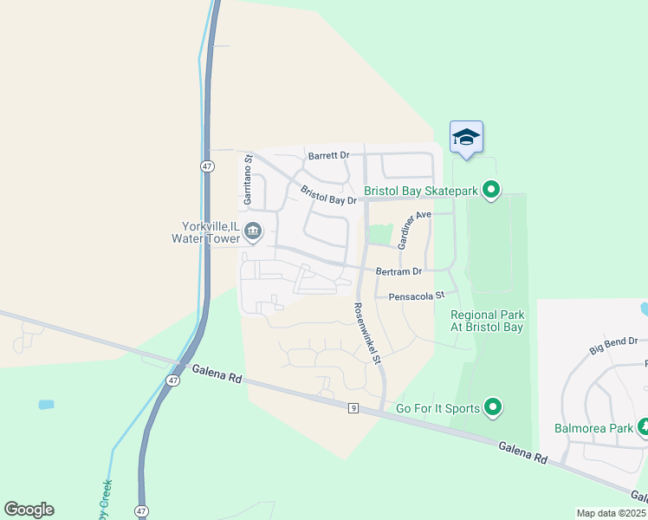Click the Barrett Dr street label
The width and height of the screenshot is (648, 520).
coord(328,156)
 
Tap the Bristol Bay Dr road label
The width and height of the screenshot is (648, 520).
coord(328,195)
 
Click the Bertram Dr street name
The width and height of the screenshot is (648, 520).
coord(399,271)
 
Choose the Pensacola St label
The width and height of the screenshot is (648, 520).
coord(416,296)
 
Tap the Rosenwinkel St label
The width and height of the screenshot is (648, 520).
coord(366,333)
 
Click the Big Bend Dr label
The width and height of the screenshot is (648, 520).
coord(613,345)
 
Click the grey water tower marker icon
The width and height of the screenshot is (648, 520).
coord(254,230)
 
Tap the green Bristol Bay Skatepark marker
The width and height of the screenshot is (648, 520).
coord(492,189)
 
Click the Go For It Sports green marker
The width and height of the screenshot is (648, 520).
coord(493,406)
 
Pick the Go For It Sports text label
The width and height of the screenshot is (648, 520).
coord(437,407)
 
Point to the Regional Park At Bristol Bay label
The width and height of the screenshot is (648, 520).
coord(487,321)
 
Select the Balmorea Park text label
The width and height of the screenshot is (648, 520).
coord(593,428)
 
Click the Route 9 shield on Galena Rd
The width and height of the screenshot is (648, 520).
coord(353,408)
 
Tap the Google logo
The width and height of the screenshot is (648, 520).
coord(29,510)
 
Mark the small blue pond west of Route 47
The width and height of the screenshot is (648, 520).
coord(46,405)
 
